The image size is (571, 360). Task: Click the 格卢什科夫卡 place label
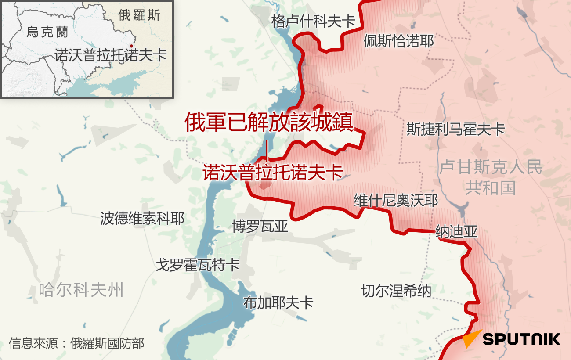pos(313,21)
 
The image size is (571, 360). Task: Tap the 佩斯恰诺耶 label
pos(398,41)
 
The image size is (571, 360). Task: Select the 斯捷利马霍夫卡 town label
pos(455,129)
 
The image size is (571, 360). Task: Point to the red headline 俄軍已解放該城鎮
pos(268,122)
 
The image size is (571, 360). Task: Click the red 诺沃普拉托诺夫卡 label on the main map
pos(272,172)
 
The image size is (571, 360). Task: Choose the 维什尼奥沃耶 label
pos(396,201)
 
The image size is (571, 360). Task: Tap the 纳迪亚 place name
pos(456,231)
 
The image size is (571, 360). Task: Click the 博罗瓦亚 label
pos(260,227)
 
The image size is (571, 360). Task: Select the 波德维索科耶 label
pos(142,218)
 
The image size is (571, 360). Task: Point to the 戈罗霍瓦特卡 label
pos(198,265)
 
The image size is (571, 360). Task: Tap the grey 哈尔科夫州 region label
pos(81,290)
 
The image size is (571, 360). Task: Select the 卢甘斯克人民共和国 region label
pos(490,177)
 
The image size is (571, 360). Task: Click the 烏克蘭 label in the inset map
pos(47,32)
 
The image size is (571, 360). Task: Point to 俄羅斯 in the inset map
pos(139,15)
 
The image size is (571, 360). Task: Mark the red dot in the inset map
pos(131,46)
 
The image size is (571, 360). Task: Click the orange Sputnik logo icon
pos(471,339)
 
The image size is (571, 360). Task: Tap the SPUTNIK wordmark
pos(521,339)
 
